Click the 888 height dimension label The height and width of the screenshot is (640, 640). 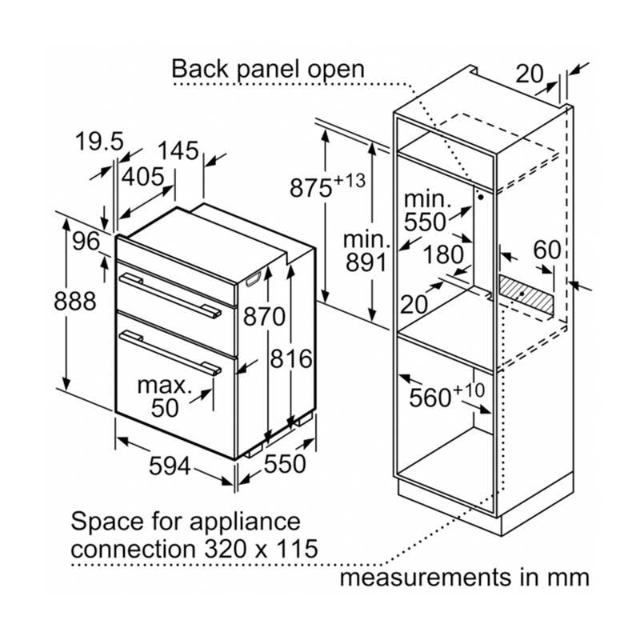pos(75,302)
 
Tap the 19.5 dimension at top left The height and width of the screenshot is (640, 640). pos(99,142)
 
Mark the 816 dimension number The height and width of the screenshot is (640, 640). pos(290,359)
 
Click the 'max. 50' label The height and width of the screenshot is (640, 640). pos(166,397)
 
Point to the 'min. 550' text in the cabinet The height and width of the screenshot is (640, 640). pos(426,210)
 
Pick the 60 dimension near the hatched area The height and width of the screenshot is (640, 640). pos(547,250)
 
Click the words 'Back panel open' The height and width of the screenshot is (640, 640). pos(268,69)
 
